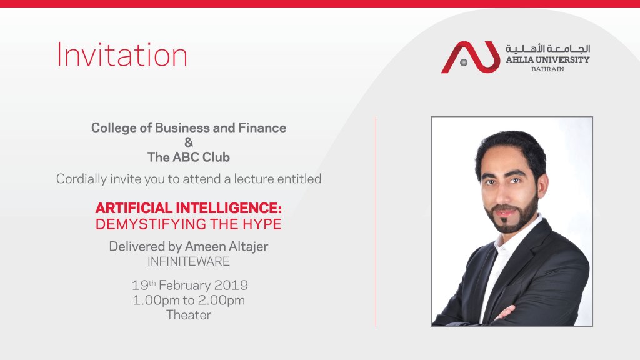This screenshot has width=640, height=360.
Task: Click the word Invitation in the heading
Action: [x=122, y=55]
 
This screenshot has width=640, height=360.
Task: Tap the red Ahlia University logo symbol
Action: [x=471, y=57]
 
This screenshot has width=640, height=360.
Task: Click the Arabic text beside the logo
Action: [x=547, y=49]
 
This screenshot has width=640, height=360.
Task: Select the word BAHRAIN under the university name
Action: [x=547, y=69]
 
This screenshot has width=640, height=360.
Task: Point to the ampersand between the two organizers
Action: [x=189, y=142]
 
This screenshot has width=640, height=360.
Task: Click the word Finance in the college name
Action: [x=262, y=127]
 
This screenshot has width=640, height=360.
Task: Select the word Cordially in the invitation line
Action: [x=82, y=179]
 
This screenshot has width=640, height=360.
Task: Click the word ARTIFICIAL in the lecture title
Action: [x=134, y=208]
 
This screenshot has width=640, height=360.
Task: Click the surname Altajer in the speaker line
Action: [x=248, y=246]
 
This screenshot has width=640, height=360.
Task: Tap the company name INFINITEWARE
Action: [x=189, y=261]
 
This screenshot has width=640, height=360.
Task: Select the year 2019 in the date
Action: [x=231, y=285]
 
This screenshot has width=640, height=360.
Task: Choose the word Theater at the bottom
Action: [x=189, y=315]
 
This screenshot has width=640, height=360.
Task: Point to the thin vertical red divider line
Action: [x=376, y=222]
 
